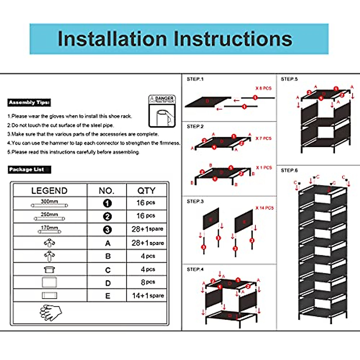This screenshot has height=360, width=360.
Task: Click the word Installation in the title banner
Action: (112, 39)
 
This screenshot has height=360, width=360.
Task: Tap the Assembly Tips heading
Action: (29, 103)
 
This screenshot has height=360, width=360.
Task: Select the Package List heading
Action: (29, 169)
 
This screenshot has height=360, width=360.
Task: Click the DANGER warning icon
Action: (162, 111)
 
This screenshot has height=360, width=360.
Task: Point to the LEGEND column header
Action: (49, 190)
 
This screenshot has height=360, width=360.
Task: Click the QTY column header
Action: (146, 190)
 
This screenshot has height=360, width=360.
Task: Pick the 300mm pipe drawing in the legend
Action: (49, 205)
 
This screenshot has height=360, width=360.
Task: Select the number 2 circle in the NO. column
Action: (107, 217)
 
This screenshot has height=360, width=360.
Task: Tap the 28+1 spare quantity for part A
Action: (148, 243)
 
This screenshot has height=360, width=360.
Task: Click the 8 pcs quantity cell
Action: (148, 282)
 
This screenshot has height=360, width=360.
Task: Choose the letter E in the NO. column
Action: (108, 296)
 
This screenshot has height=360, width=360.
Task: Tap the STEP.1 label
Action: (195, 79)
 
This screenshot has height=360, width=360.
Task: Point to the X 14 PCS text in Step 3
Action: (265, 208)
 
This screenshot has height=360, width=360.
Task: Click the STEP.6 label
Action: (289, 170)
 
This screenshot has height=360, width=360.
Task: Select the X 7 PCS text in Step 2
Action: (263, 138)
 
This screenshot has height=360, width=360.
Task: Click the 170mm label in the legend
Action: (49, 228)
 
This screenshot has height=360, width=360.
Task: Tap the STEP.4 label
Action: (195, 269)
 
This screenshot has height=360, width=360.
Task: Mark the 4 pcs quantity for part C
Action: (148, 269)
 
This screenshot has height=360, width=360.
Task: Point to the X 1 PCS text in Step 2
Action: (264, 168)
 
